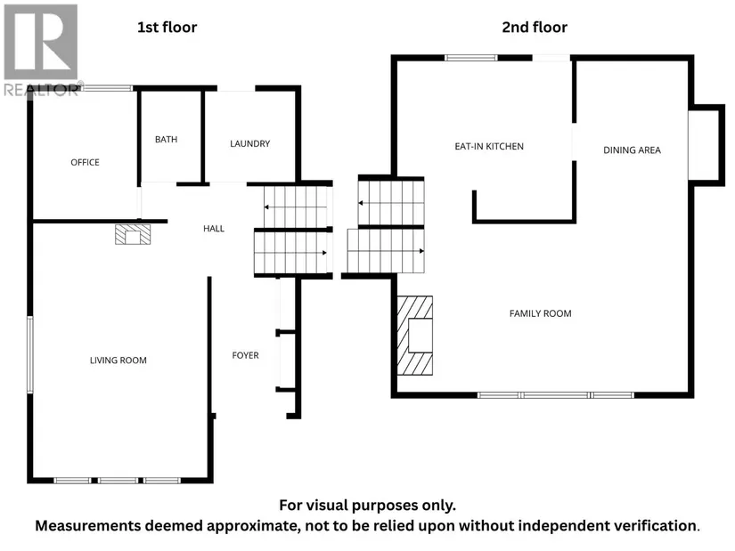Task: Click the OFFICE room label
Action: [x=85, y=162]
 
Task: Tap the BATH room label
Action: [x=166, y=139]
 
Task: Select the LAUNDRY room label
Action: [x=249, y=143]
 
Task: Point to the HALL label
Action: [x=214, y=228]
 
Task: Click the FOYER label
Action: [x=245, y=355]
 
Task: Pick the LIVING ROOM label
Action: [x=118, y=360]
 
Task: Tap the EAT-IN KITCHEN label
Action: [x=489, y=146]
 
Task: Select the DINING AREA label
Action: [x=632, y=150]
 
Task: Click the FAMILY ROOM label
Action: [x=540, y=313]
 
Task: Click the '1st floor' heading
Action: [x=167, y=28]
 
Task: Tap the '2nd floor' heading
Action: [x=535, y=28]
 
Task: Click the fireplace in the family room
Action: [x=415, y=336]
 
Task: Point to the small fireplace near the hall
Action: [x=133, y=235]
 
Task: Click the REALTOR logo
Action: [x=41, y=50]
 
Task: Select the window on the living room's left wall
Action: [x=30, y=354]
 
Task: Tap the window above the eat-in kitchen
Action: [x=470, y=58]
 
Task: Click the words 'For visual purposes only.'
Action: [x=367, y=505]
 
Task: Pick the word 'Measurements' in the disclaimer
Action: [x=88, y=526]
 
